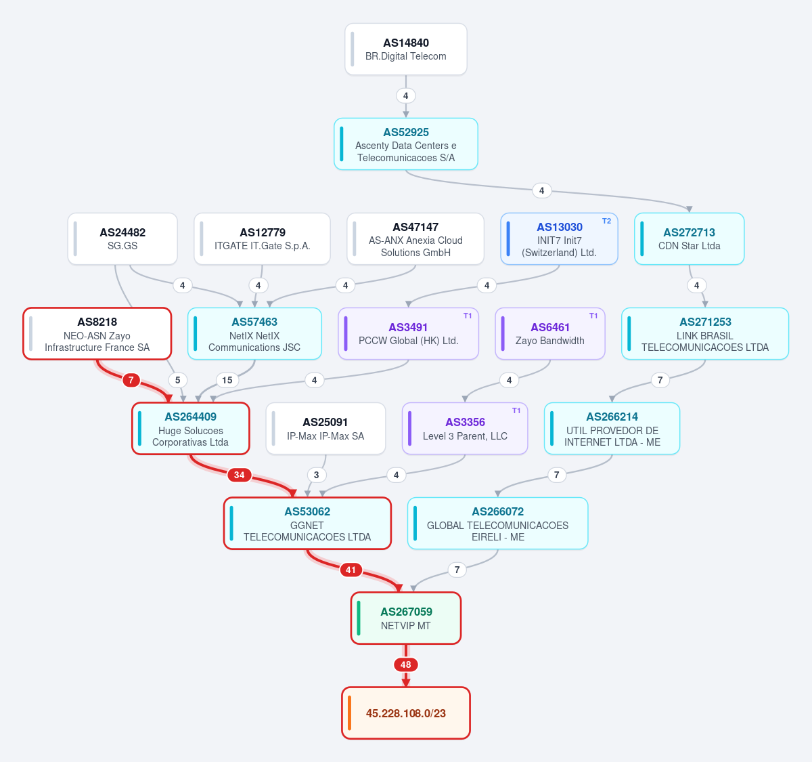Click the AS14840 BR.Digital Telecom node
tap(405, 49)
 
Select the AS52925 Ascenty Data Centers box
tap(405, 144)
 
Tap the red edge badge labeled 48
tap(405, 664)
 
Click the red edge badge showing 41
tap(351, 570)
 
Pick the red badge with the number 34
tap(239, 475)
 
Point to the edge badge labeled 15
tap(227, 381)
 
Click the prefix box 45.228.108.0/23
tap(405, 713)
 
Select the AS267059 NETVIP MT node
tap(405, 618)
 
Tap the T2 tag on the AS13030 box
tap(606, 221)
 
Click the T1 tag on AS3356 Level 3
tap(516, 410)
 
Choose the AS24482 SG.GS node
tap(122, 238)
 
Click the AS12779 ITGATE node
tap(262, 238)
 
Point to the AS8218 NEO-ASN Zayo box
tap(97, 334)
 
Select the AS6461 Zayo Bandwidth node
tap(550, 334)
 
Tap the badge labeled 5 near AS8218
tap(177, 381)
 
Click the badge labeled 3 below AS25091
tap(316, 475)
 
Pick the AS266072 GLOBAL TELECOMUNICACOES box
tap(497, 524)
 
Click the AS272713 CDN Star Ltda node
tap(689, 238)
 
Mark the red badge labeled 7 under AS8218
tap(131, 381)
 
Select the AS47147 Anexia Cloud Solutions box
tap(415, 238)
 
